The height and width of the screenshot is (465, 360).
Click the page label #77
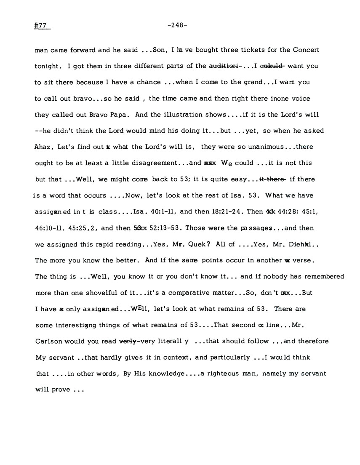point(41,25)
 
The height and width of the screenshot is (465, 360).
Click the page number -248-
point(177,25)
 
